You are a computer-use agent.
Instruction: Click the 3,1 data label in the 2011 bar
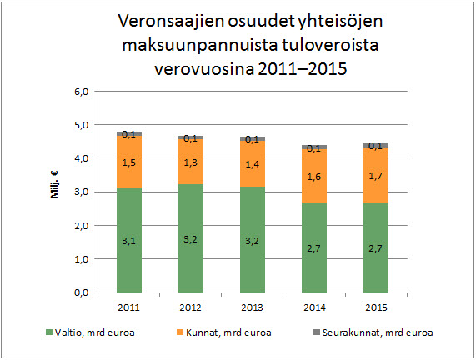pyautogui.click(x=129, y=242)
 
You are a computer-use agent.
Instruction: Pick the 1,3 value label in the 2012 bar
pyautogui.click(x=191, y=163)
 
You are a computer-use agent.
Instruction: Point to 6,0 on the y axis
pyautogui.click(x=82, y=91)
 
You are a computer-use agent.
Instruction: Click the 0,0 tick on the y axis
pyautogui.click(x=82, y=293)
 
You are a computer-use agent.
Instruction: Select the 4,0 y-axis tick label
pyautogui.click(x=82, y=158)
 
